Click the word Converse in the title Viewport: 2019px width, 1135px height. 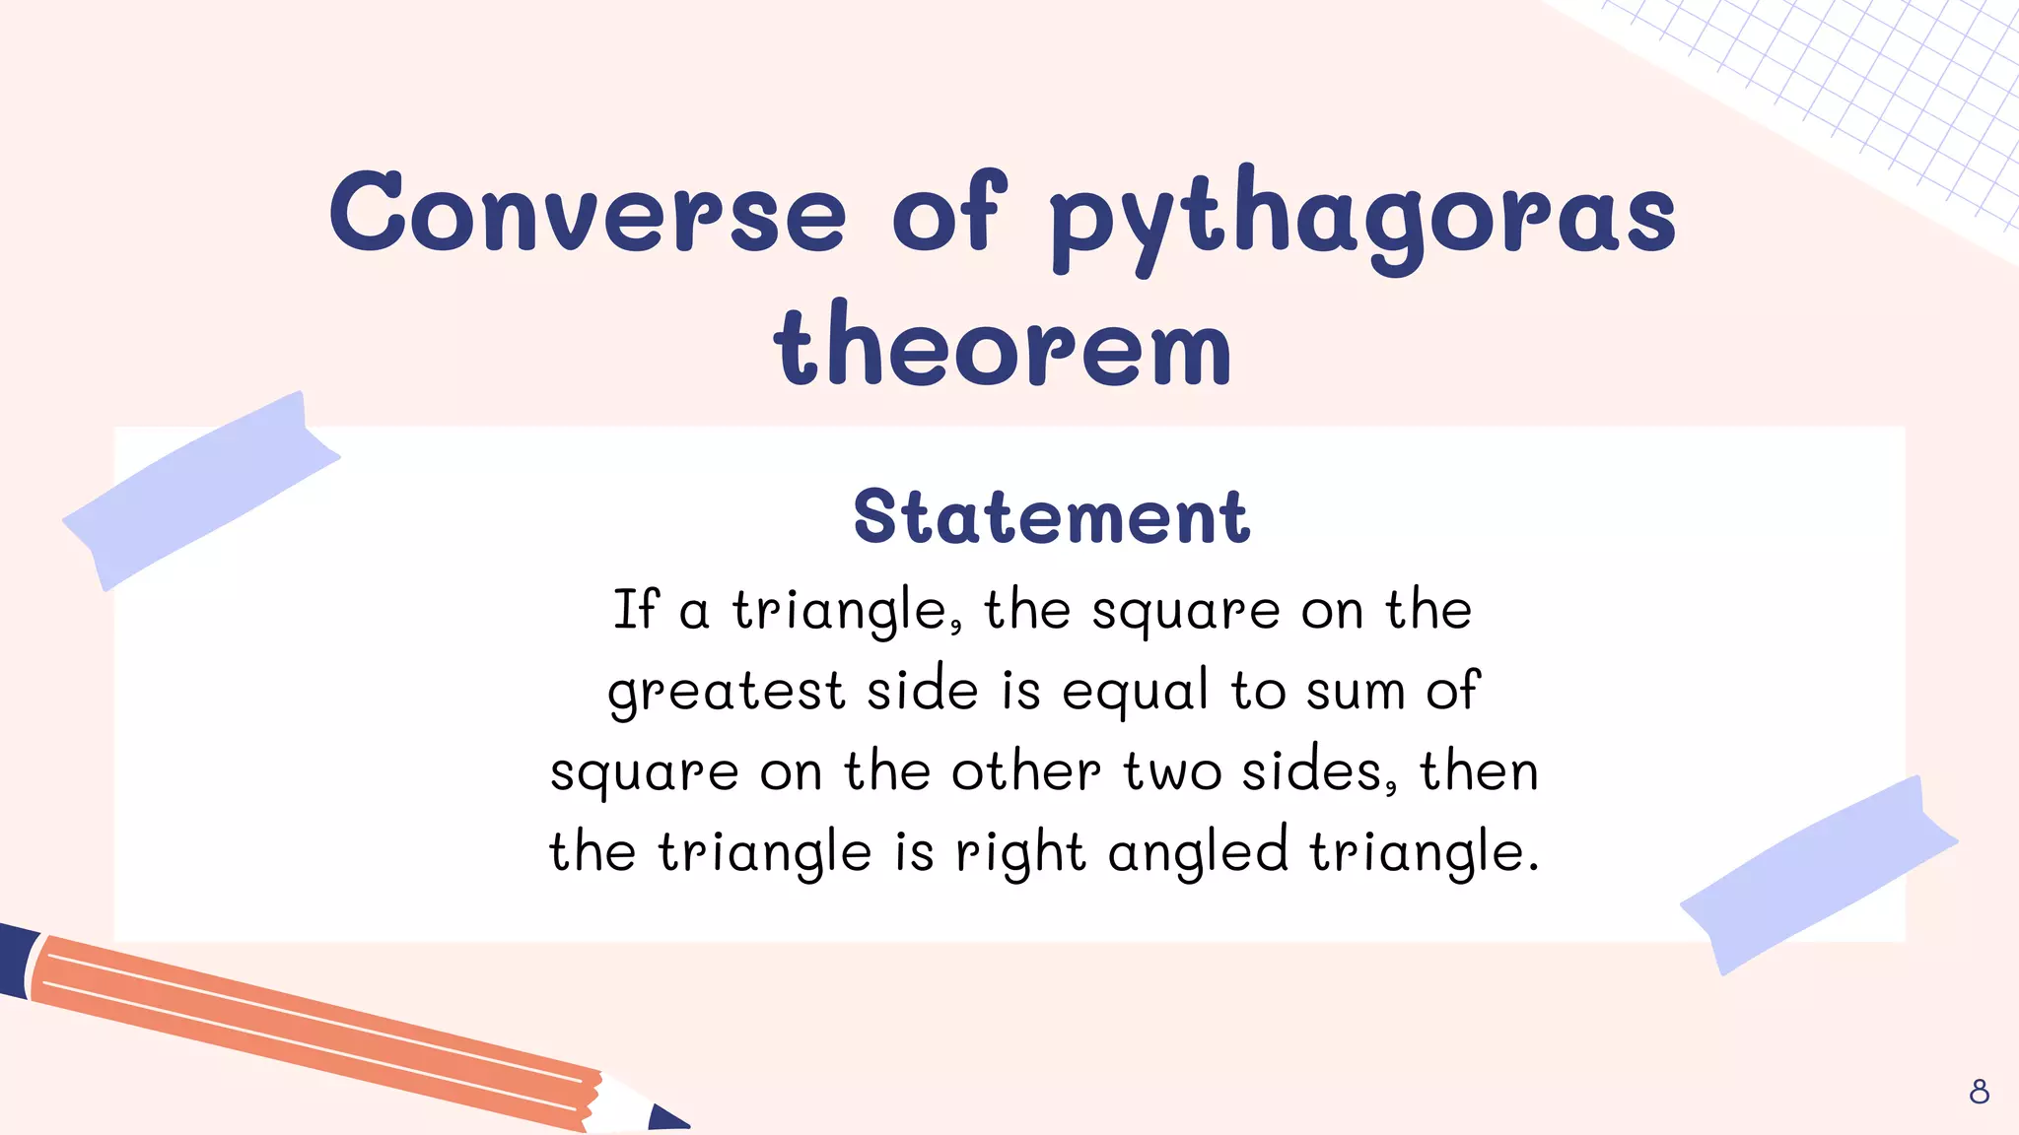588,212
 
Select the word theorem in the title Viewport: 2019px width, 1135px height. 1003,344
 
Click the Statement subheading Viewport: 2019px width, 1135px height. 1052,516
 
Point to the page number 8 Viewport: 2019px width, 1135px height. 1979,1092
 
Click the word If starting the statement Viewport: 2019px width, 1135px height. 635,609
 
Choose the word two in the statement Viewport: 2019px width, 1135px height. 1172,772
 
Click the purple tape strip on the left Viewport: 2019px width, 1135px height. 202,490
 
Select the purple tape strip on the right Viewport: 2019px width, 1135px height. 1818,875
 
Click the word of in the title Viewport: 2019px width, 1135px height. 948,212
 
